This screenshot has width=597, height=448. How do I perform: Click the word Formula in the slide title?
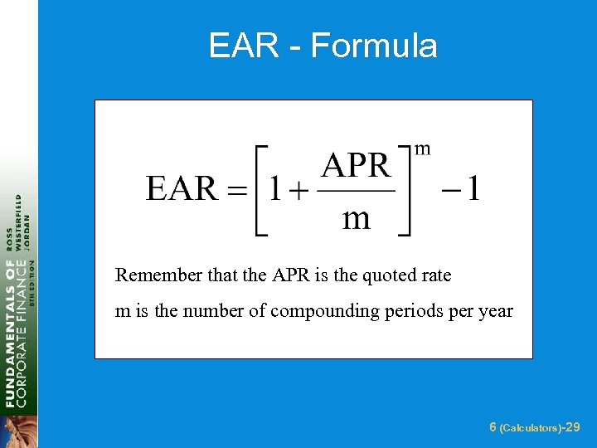[374, 46]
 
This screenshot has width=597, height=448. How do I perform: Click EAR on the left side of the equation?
[182, 189]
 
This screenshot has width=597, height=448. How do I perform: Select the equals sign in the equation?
[238, 191]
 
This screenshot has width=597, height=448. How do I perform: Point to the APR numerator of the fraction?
[356, 166]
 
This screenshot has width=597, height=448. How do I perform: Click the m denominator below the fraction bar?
[356, 218]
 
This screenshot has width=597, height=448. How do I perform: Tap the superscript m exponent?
[422, 149]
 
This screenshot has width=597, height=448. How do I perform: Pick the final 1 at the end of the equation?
[472, 189]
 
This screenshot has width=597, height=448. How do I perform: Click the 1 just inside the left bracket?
[274, 189]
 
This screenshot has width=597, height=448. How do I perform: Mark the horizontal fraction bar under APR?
[356, 192]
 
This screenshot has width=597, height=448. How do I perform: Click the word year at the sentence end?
[494, 312]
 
